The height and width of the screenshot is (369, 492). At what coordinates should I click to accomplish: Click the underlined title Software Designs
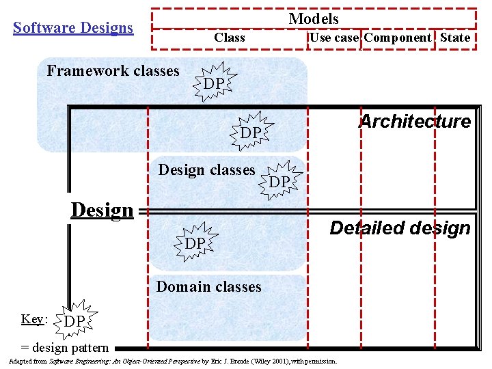coord(73,28)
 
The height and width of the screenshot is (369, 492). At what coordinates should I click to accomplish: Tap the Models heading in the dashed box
coord(314,18)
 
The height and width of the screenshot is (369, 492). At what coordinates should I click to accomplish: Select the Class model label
coord(230,38)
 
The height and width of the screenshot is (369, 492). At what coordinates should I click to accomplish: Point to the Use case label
coord(334,38)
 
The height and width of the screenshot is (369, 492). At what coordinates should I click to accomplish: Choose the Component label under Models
coord(398,38)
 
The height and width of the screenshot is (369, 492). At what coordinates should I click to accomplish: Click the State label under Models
coord(455,38)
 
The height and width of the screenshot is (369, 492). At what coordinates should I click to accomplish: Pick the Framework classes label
coord(113,70)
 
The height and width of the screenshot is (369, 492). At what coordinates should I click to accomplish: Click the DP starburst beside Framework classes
coord(215,82)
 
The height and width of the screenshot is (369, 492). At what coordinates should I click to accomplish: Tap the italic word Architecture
coord(415,122)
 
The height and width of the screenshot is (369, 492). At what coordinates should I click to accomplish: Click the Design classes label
coord(206,169)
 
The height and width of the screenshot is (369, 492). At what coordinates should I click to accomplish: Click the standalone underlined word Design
coord(102,210)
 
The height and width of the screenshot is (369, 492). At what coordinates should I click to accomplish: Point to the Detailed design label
coord(400,228)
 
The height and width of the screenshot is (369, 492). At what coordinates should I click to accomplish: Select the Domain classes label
coord(209,286)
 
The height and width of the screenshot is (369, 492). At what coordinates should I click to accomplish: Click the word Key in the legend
coord(31,319)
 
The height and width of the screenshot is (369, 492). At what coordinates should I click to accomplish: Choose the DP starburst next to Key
coord(75,320)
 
